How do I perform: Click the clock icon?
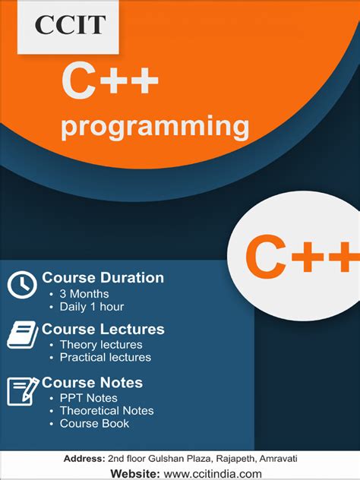[22, 285]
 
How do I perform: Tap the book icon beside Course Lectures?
[23, 335]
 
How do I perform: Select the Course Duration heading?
[103, 278]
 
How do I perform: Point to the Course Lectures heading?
[103, 330]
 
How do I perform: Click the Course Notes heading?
[92, 383]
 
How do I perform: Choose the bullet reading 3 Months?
[84, 294]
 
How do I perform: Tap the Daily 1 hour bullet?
[91, 307]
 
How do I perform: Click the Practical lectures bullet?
[105, 357]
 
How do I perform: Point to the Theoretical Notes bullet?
[106, 411]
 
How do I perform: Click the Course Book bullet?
[94, 423]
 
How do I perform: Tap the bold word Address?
[84, 459]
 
